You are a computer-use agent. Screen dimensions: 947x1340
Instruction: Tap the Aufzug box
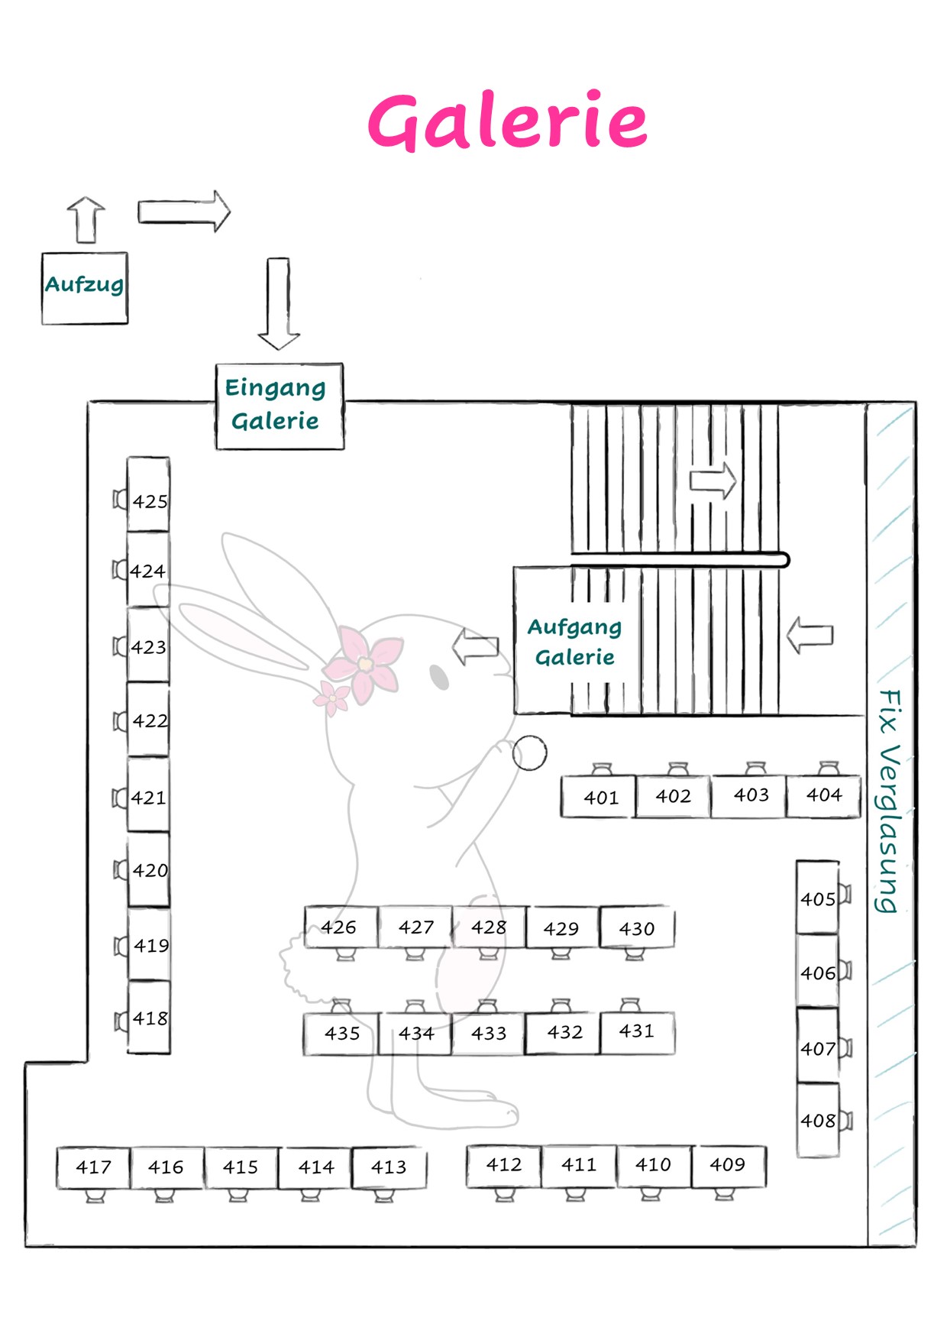point(85,288)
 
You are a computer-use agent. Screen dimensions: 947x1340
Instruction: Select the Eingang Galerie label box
point(280,406)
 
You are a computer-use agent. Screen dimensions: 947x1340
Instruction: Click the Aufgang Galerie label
point(574,642)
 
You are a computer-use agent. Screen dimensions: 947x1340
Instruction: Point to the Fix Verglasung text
point(888,801)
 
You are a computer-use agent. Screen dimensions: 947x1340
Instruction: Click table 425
point(148,494)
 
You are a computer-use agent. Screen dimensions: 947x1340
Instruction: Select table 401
point(598,797)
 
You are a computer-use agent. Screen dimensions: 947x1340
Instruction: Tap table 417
point(93,1167)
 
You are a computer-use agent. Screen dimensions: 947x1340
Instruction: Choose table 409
point(729,1166)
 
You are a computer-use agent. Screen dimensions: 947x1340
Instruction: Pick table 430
point(637,927)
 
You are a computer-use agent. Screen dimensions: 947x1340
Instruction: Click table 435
point(341,1034)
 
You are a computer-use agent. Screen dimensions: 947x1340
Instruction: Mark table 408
point(818,1120)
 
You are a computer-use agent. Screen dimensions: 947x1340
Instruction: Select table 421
point(148,795)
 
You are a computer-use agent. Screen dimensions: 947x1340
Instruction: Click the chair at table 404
point(829,769)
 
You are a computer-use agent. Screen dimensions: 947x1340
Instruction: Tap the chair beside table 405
point(845,894)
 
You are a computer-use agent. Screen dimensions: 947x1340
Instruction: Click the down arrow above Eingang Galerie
point(279,303)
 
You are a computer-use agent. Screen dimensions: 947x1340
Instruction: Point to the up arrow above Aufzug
point(86,220)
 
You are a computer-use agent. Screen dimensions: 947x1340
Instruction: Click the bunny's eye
point(439,677)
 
